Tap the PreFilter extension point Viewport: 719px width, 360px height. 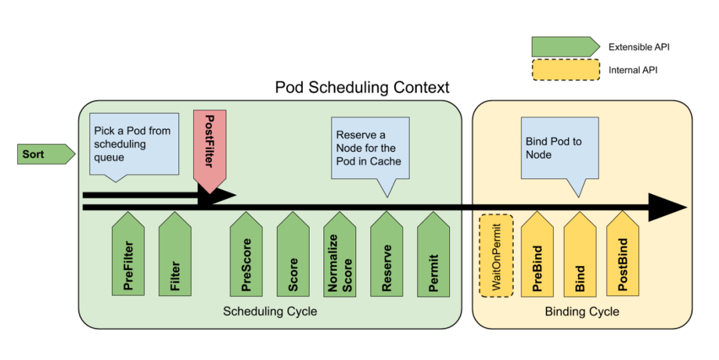click(128, 256)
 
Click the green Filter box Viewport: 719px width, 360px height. click(175, 256)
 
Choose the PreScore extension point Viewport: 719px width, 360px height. click(246, 256)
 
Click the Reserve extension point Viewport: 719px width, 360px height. click(387, 256)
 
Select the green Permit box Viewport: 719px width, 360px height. click(433, 256)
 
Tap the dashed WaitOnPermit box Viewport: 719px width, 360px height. click(496, 256)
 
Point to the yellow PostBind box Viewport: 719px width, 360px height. click(623, 256)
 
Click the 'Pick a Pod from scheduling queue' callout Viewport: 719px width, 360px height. click(133, 144)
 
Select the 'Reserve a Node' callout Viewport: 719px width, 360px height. click(369, 150)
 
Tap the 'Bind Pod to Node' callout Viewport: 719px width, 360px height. click(559, 150)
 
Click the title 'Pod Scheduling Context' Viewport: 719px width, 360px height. click(362, 87)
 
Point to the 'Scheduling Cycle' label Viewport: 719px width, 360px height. click(270, 311)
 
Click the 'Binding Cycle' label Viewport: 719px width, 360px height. click(582, 311)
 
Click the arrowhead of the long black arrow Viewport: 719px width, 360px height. click(669, 208)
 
